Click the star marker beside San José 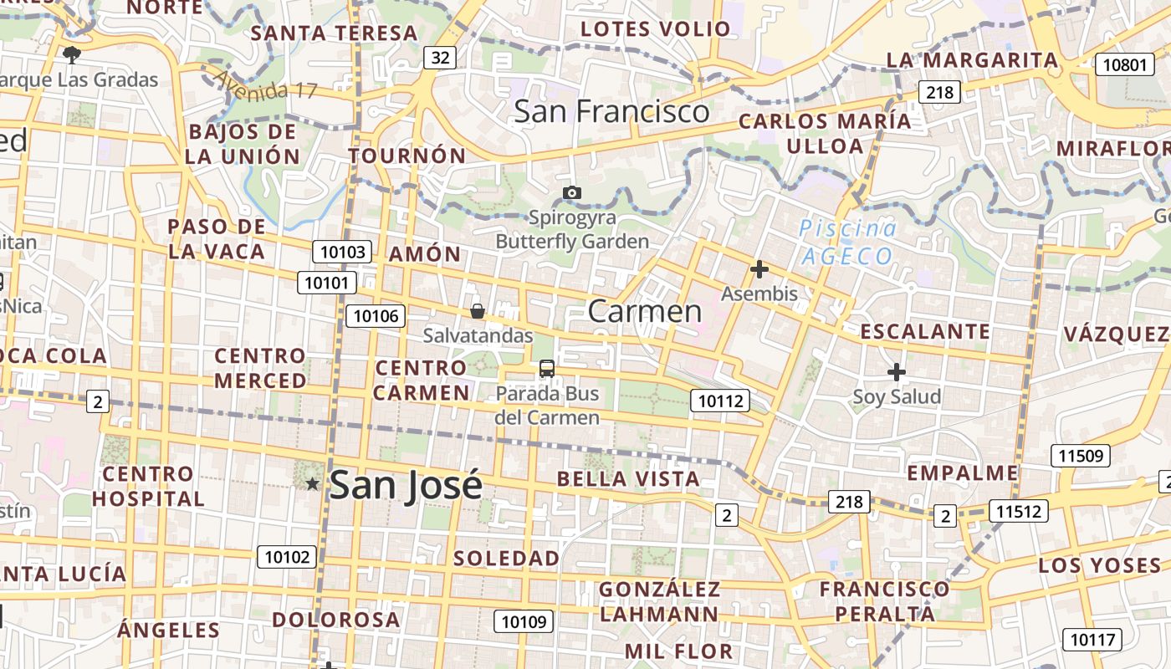pos(313,483)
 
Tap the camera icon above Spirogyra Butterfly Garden pos(572,193)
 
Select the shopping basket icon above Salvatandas pos(478,311)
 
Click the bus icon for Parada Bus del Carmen pos(547,368)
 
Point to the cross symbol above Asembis pos(759,269)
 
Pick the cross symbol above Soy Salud pos(897,371)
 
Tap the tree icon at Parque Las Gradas pos(72,55)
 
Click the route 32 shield pos(440,57)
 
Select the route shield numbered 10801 pos(1124,64)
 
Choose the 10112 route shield pos(720,401)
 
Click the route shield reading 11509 pos(1081,456)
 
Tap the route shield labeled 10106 pos(376,315)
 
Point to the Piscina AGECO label pos(846,242)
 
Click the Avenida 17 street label pos(267,84)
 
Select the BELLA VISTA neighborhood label pos(628,478)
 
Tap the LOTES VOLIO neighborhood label pos(656,28)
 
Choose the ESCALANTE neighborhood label pos(925,331)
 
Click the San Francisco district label pos(611,111)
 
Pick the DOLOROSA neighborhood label pos(336,620)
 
